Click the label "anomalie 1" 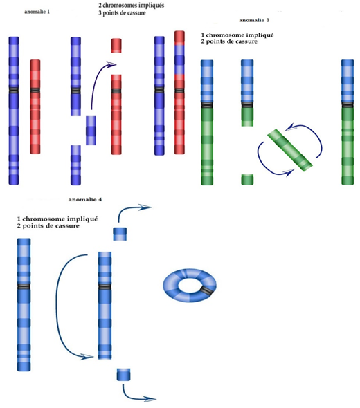[37, 12]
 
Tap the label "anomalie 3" [254, 20]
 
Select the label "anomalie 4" [85, 200]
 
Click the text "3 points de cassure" [122, 13]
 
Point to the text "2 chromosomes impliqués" [132, 6]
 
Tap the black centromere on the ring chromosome [208, 290]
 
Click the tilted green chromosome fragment [290, 150]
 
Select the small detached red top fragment [116, 46]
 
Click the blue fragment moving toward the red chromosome [91, 131]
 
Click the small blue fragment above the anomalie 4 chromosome [120, 234]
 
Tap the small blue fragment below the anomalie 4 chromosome [123, 374]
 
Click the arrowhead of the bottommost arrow [150, 398]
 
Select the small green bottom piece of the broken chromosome [247, 179]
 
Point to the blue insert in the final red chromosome [179, 59]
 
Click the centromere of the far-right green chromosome [348, 104]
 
